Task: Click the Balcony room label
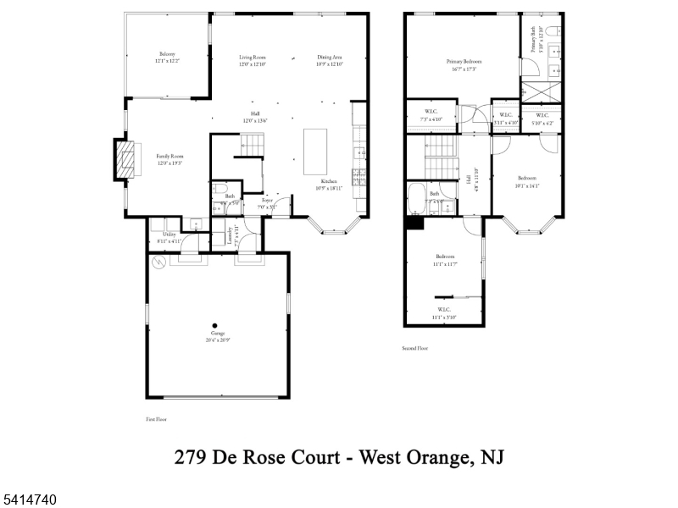tap(167, 55)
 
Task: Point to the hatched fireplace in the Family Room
tap(125, 159)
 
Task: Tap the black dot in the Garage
tap(215, 325)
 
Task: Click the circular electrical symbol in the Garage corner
tap(158, 263)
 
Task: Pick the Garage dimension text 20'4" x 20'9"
tap(216, 340)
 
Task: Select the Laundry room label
tap(230, 236)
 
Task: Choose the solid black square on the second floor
tap(414, 223)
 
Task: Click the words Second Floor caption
tap(415, 348)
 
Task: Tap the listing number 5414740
tap(29, 500)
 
